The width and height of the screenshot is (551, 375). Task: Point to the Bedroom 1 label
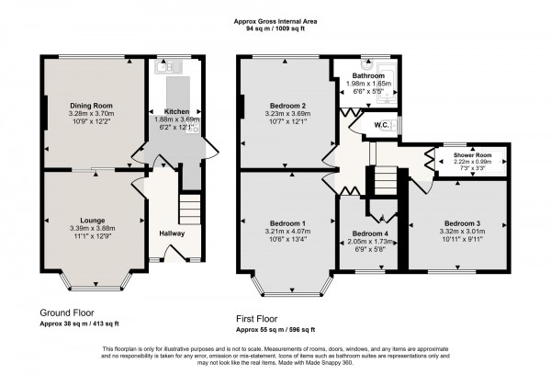287,222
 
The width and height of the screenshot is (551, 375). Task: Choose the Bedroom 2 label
287,105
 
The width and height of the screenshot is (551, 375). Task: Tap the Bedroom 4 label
370,233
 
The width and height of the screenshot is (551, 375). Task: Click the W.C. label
381,125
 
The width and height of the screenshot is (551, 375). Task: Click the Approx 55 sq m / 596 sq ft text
275,328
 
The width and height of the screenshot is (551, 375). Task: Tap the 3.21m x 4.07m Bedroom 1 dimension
287,231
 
